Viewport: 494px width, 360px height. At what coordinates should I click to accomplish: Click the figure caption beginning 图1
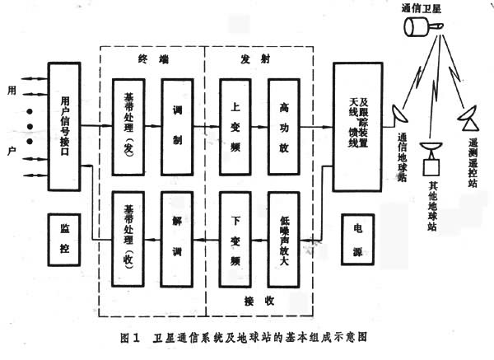tap(247, 336)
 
